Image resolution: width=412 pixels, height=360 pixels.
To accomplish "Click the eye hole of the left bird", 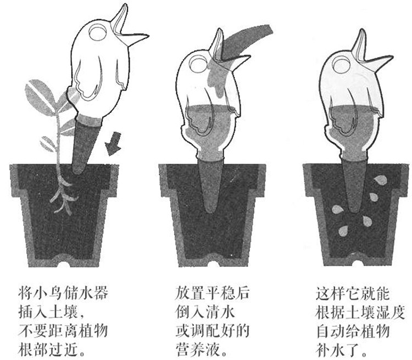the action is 98,35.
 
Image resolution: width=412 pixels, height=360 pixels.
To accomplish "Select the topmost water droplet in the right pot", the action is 379,179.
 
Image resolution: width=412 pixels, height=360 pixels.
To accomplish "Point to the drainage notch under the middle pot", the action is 210,257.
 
